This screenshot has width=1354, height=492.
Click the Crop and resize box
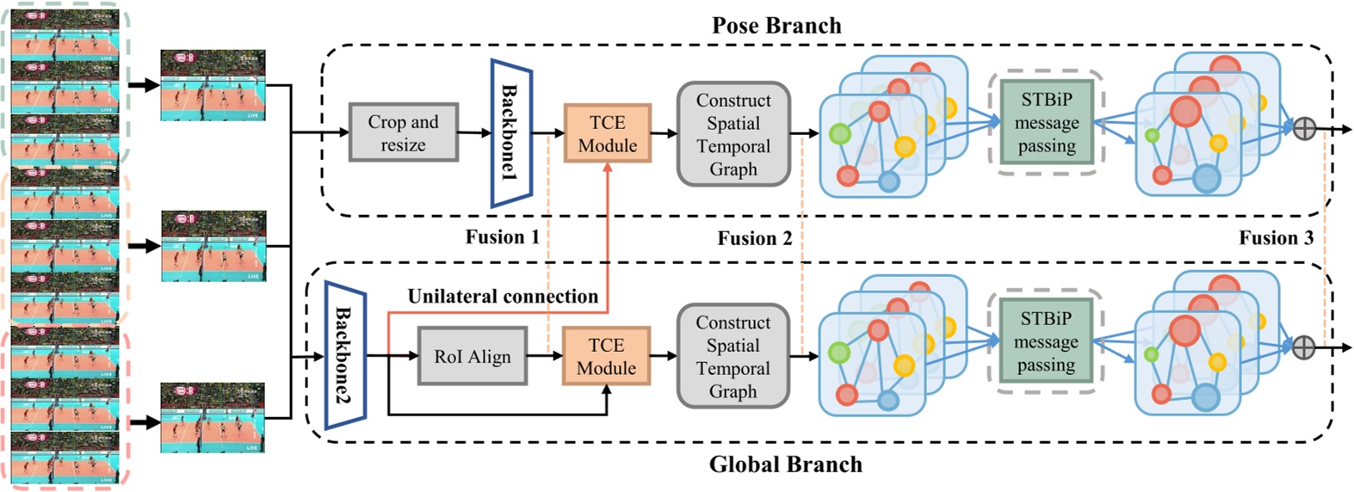coord(403,132)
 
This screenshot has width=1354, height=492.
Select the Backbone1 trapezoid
coord(511,133)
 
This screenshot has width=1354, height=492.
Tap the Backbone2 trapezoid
coord(345,354)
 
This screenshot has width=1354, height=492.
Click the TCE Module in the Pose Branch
coord(607,133)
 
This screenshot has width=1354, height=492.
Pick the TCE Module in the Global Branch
coord(606,356)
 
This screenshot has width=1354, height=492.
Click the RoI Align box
coord(472,356)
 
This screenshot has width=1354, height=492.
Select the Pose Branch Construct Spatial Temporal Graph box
coord(733,134)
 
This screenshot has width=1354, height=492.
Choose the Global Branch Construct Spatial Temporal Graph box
coord(733,356)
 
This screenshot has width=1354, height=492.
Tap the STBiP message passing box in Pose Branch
coord(1047,123)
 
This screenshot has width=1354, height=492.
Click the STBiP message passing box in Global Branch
coord(1046,341)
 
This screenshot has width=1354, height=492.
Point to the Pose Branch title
coord(776,26)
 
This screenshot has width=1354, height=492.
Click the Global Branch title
coord(785,464)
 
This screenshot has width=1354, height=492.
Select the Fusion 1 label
coord(502,237)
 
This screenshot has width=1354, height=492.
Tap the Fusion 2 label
coord(754,238)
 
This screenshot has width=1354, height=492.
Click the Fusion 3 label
coord(1276,238)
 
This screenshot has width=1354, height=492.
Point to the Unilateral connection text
coord(503,297)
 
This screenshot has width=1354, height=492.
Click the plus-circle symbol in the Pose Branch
coord(1305,129)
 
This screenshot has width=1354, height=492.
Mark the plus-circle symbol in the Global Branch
coord(1304,347)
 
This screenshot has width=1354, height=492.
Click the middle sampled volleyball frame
coord(213,246)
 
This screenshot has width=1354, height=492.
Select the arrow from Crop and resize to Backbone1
coord(473,132)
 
